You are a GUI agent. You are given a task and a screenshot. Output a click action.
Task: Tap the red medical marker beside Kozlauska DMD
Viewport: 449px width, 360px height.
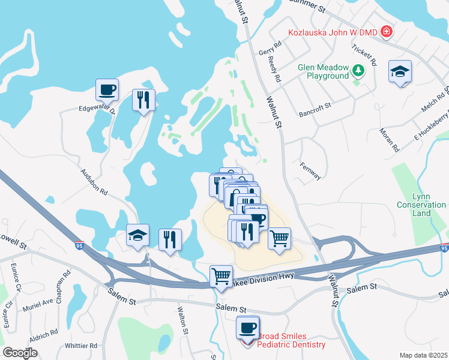point(387,31)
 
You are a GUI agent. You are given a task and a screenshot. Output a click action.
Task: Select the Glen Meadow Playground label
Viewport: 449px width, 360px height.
point(323,72)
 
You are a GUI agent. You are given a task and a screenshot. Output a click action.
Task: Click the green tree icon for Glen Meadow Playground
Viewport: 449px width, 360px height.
point(358,71)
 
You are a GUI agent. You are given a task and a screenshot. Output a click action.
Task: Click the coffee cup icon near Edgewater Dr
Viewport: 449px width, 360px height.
point(107,90)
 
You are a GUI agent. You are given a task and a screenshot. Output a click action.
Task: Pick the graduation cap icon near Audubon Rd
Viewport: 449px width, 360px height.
point(137,236)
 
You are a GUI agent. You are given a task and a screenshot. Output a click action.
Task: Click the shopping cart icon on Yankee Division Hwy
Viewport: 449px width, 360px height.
point(221,277)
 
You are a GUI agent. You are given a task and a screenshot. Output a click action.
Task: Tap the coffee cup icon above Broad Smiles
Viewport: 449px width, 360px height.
point(247,328)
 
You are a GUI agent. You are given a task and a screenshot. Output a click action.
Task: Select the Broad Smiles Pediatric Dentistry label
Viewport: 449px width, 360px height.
point(291,340)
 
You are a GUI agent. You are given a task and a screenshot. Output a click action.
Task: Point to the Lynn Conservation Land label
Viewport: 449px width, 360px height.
point(421,205)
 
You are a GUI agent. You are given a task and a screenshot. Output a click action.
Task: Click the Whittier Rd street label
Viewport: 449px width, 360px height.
point(81,346)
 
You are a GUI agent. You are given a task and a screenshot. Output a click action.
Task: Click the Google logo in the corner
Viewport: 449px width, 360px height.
point(20,353)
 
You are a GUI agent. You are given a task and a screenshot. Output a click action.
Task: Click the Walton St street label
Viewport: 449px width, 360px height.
point(184,322)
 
